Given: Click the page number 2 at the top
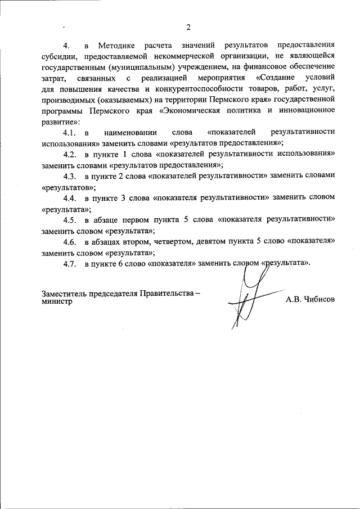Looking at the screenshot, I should click(x=188, y=27).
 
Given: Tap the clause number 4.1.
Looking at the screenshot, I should click(x=70, y=132).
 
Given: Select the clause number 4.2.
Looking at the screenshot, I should click(x=70, y=154).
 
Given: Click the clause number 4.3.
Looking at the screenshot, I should click(x=70, y=175).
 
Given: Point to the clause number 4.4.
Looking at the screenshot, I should click(x=70, y=197).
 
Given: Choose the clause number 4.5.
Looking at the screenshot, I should click(x=70, y=219).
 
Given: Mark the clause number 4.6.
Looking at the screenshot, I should click(x=70, y=241).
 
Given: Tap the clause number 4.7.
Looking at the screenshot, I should click(x=70, y=263).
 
